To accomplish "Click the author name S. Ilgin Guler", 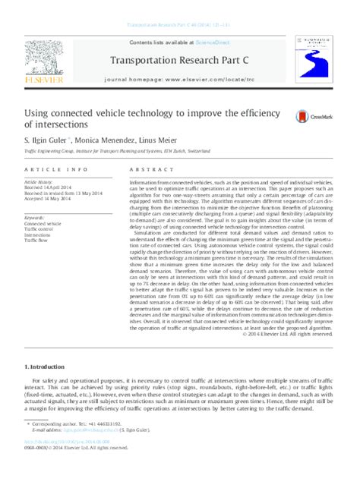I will pos(49,139).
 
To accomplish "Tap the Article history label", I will pos(40,183).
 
